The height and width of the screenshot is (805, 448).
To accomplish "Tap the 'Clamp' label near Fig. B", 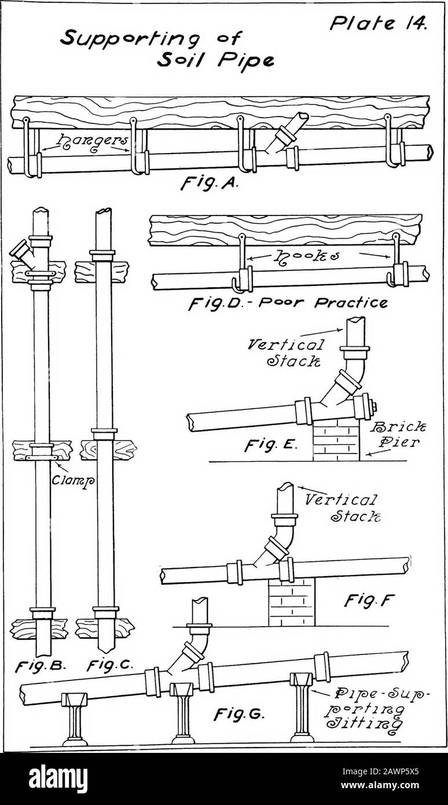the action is point(72,480).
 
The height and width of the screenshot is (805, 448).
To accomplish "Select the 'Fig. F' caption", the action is point(369,600).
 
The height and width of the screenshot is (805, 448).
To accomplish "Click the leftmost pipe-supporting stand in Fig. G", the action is point(74,719).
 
